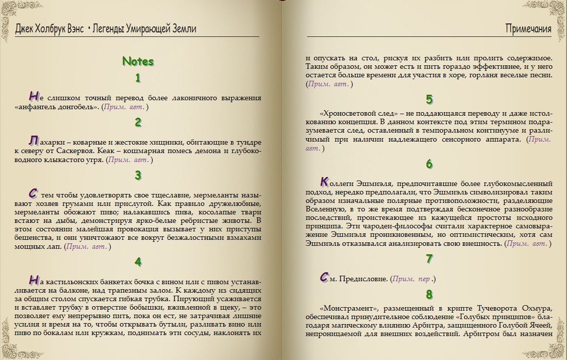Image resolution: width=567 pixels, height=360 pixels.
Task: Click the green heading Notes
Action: (138, 62)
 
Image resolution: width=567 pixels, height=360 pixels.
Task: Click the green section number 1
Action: (138, 78)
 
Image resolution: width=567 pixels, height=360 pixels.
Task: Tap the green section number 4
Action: (138, 262)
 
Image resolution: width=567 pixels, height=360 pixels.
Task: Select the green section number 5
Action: (429, 99)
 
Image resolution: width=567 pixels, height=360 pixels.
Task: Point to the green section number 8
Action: (429, 294)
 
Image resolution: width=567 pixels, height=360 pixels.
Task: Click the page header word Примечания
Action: (528, 29)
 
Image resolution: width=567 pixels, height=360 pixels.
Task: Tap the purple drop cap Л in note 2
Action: (33, 140)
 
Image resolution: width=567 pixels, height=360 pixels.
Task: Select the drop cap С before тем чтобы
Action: (33, 193)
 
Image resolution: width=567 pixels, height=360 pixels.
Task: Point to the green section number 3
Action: (138, 176)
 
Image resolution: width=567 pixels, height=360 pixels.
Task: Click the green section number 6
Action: (429, 164)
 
